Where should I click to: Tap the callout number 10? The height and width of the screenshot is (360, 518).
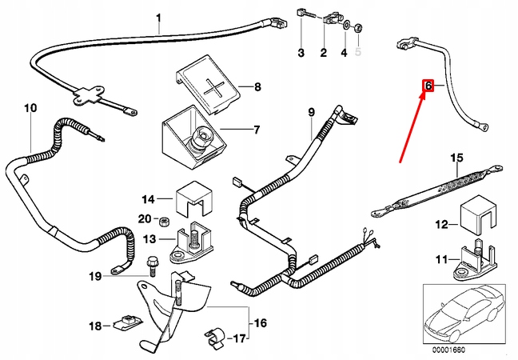(30, 107)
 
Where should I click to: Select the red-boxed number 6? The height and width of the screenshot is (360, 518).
(428, 85)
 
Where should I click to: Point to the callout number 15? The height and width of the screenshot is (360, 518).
(456, 158)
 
